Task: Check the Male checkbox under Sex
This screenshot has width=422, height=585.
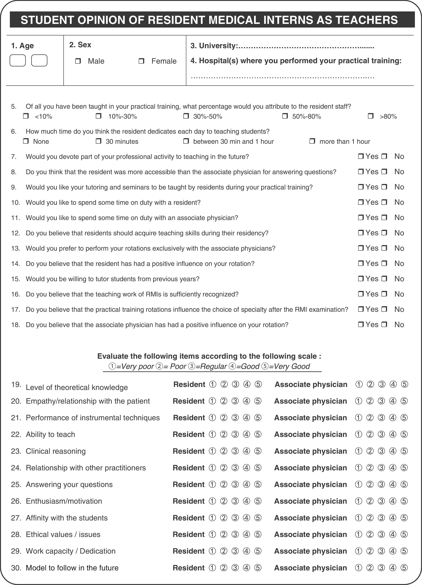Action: point(78,61)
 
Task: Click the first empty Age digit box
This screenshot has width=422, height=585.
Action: point(18,61)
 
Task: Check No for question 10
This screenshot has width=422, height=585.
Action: point(384,202)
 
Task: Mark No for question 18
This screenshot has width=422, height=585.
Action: point(384,324)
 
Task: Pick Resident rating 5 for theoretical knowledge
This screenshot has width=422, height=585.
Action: point(258,384)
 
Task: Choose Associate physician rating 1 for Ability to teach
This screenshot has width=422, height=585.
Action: point(358,434)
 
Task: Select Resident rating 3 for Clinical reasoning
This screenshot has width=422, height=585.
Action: point(235,451)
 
